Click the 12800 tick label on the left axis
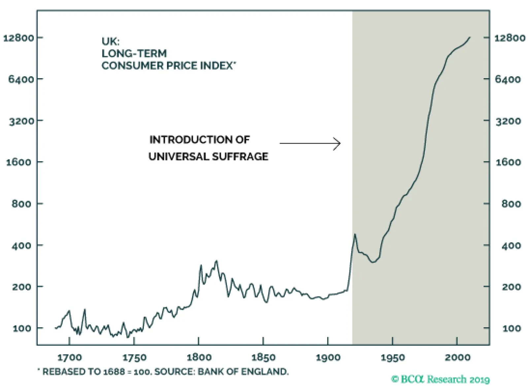(18, 38)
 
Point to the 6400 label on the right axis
(508, 79)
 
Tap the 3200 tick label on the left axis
(21, 121)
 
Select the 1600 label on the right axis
(508, 162)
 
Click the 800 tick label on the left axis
(21, 204)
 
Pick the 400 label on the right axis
(511, 245)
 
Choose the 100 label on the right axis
(511, 329)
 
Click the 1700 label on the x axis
(69, 358)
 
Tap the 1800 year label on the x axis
(199, 358)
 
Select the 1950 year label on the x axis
(392, 358)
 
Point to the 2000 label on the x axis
(457, 358)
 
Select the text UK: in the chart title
(111, 42)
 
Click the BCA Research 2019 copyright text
(440, 379)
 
